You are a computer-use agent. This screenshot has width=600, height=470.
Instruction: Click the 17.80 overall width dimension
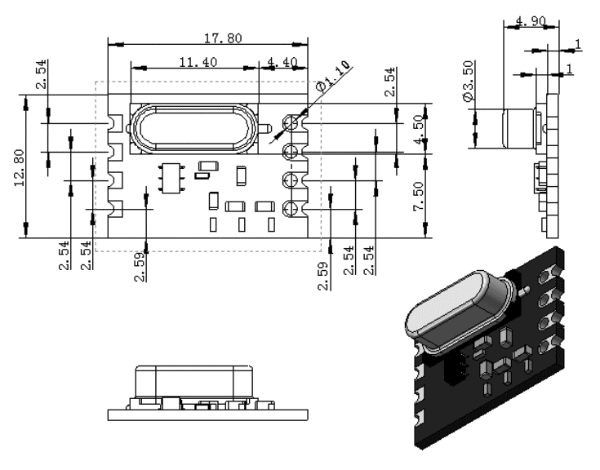coord(223,38)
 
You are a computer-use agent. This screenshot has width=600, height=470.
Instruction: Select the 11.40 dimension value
coord(198,62)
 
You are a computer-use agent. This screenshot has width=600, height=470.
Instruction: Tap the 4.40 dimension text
coord(282,62)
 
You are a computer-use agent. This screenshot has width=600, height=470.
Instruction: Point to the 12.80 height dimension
coord(19,168)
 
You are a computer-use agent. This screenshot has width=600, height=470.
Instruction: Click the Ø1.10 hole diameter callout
coord(333,76)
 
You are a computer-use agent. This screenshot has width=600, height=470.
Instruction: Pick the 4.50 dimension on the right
coord(419,130)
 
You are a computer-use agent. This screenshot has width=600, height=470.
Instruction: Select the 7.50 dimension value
coord(419,196)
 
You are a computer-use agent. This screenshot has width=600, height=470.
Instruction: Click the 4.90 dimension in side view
coord(531,20)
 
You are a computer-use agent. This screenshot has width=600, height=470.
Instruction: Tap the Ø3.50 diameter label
coord(469,81)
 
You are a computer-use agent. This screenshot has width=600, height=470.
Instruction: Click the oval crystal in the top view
coord(193,129)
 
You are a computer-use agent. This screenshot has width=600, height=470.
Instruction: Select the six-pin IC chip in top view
coord(171,178)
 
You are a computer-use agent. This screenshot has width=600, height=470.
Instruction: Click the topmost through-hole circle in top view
coord(290,122)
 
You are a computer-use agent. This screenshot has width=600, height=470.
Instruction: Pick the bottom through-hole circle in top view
coord(290,209)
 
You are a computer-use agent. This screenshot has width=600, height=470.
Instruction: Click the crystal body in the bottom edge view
coord(193,382)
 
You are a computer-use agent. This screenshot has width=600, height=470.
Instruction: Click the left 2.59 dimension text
coord(140,267)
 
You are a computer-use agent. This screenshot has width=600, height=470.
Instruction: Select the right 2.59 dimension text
coord(323,276)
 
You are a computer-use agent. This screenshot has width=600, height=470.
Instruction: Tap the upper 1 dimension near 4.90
coord(578,45)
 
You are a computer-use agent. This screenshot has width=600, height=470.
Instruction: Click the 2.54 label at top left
coord(42,73)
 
